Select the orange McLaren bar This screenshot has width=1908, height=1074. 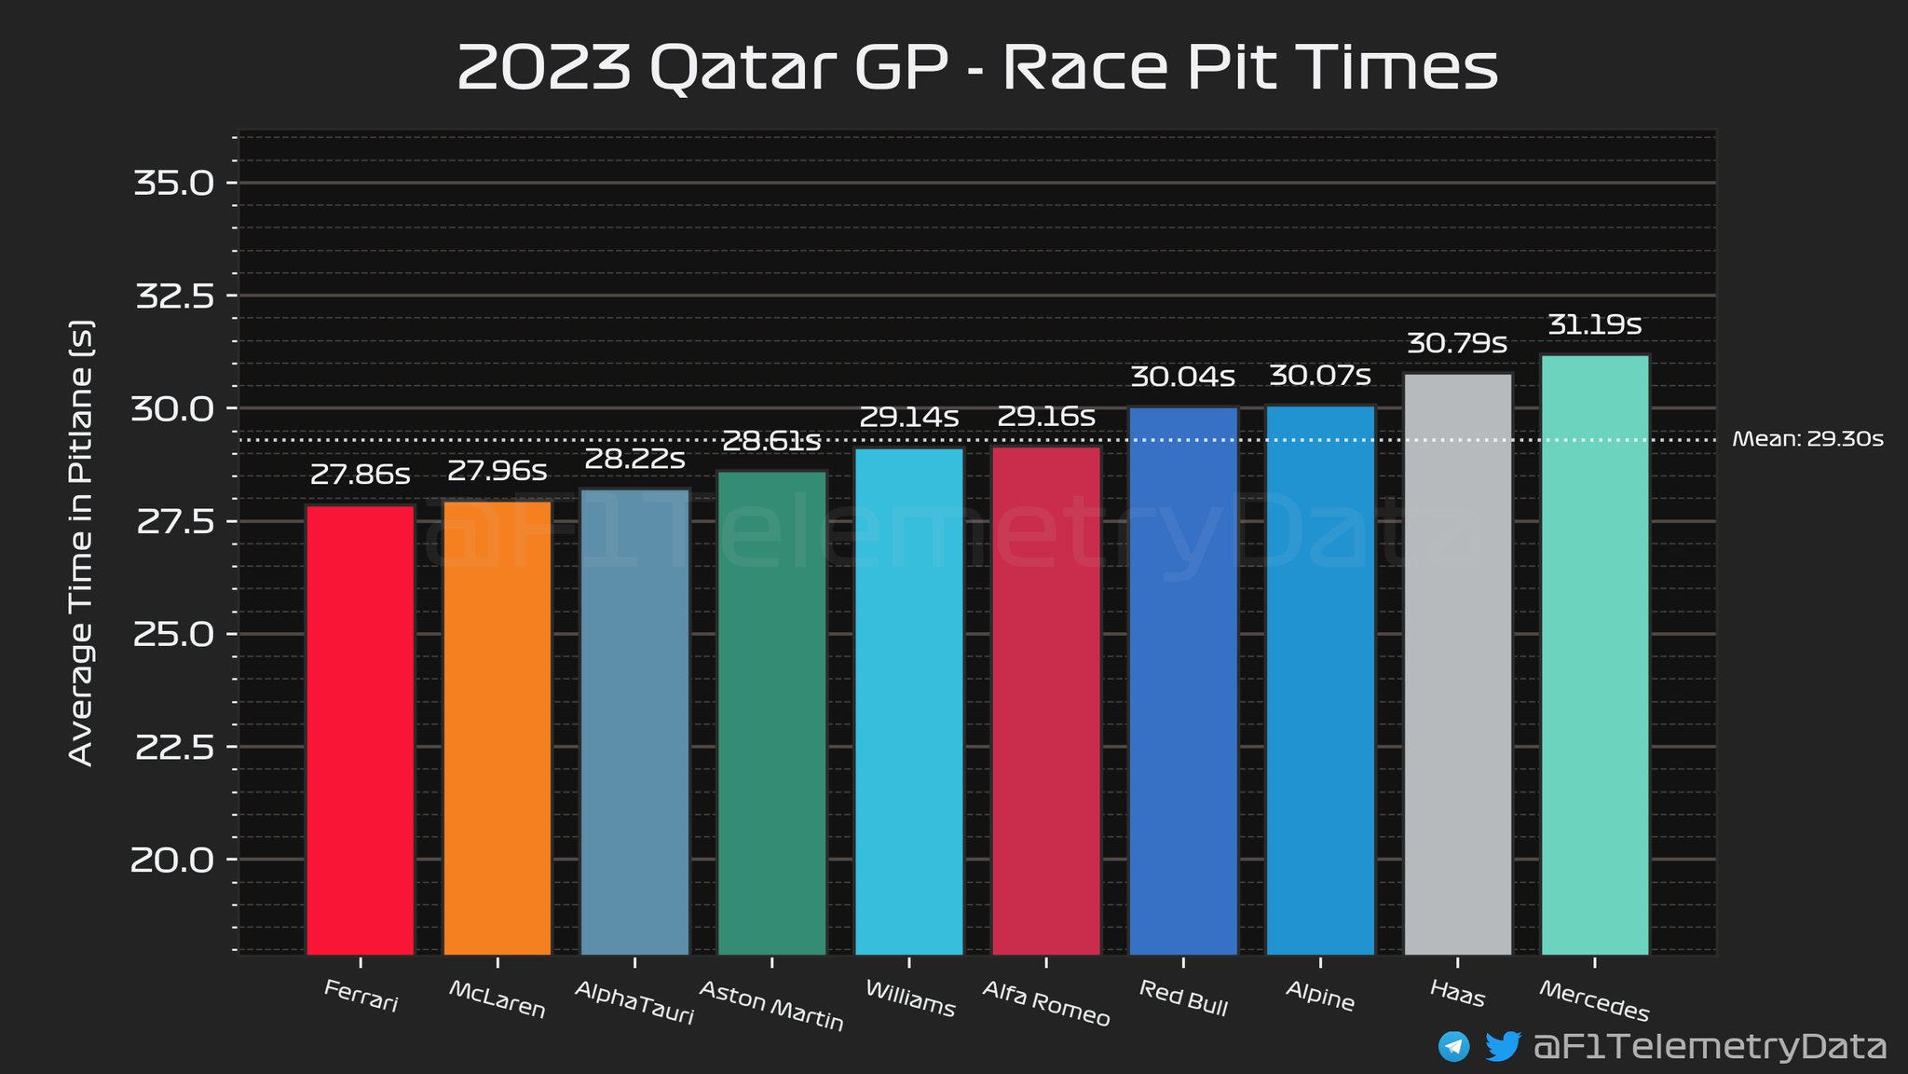pos(497,727)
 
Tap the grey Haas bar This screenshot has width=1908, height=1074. pos(1458,664)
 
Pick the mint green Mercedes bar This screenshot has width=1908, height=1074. pos(1595,654)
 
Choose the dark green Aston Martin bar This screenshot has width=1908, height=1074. pos(771,712)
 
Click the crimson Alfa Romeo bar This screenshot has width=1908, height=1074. pos(1046,700)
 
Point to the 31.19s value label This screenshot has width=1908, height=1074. pos(1594,325)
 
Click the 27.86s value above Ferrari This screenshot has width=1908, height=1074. pos(360,475)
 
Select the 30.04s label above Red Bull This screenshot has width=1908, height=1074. pos(1182,378)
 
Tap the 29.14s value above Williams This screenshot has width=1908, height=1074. pos(908,418)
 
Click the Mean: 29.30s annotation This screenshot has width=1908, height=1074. pos(1807,439)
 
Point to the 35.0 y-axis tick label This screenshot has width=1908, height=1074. pos(174,183)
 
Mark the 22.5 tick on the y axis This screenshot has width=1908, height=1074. pos(174,748)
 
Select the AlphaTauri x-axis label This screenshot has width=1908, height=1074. pos(634,1002)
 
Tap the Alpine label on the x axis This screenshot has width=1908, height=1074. pos(1319,997)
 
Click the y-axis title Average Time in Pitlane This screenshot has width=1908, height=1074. pos(82,544)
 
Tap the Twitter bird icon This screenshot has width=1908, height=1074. pos(1502,1046)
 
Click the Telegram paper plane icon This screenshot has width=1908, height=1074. pos(1453,1046)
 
